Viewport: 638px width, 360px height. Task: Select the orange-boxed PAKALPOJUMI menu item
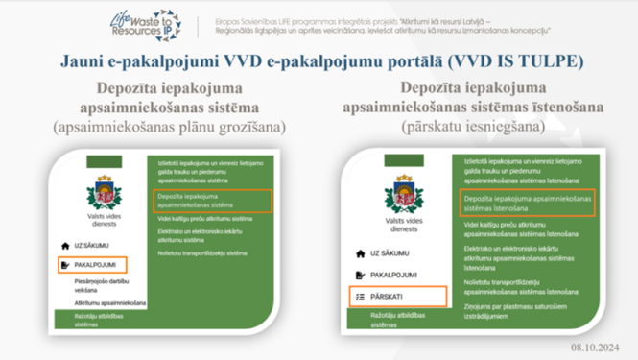coord(93,264)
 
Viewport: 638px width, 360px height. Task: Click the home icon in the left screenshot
coord(65,246)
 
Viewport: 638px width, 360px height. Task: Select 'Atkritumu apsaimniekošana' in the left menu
coord(106,302)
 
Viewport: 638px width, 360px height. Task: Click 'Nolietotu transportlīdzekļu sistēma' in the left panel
coord(201,253)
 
